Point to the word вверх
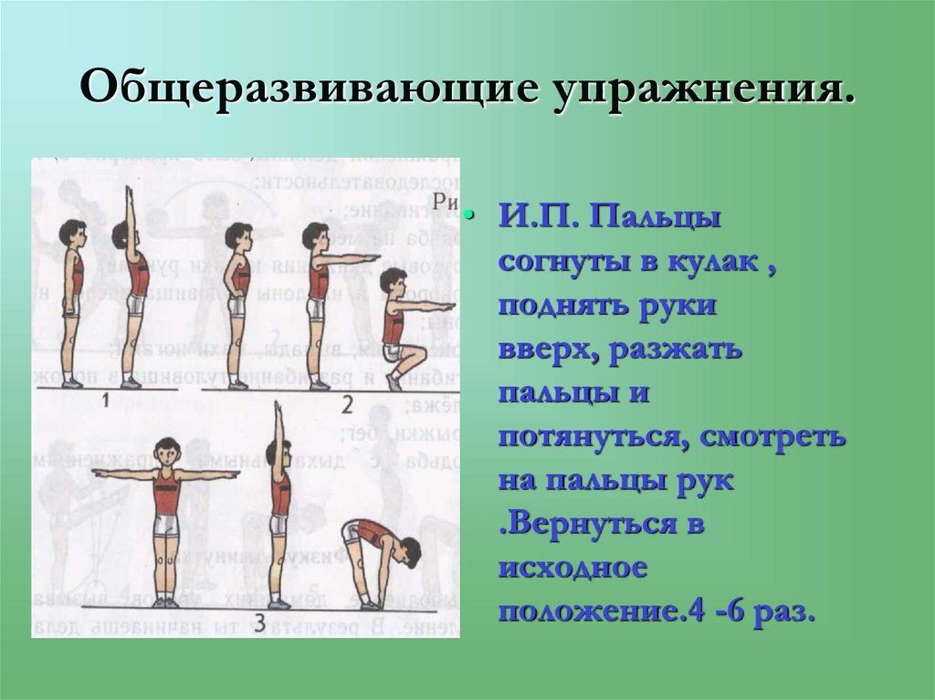(542, 350)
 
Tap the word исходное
(573, 569)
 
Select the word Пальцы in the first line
(655, 220)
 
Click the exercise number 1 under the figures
(106, 399)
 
